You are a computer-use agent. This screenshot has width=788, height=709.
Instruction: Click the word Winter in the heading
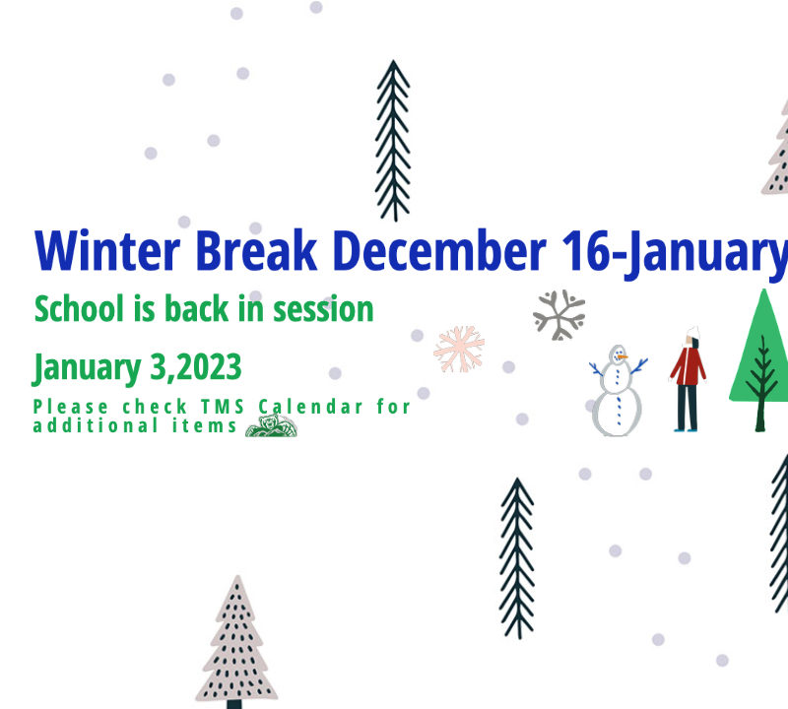click(x=107, y=250)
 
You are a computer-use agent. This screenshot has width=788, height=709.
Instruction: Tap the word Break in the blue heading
click(x=256, y=250)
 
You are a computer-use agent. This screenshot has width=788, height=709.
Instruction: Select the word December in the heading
click(x=439, y=250)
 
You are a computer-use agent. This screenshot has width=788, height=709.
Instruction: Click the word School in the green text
click(x=79, y=308)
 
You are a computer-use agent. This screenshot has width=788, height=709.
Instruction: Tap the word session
click(x=323, y=309)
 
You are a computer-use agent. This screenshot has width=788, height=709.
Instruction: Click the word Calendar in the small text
click(x=310, y=407)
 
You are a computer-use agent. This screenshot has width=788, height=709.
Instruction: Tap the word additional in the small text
click(x=96, y=425)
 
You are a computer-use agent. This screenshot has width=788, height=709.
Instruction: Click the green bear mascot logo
click(x=272, y=426)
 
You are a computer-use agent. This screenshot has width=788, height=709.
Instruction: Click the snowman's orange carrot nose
click(x=623, y=356)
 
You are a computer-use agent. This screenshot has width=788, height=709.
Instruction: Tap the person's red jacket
click(x=688, y=365)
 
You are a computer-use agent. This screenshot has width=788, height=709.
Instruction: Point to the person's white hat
click(x=693, y=332)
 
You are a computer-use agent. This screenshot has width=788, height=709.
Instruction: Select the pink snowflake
click(x=459, y=350)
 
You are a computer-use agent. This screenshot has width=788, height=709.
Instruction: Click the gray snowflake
click(x=559, y=315)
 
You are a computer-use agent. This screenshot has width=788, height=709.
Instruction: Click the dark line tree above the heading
click(x=393, y=141)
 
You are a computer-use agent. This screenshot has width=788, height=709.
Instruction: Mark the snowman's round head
click(x=618, y=354)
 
